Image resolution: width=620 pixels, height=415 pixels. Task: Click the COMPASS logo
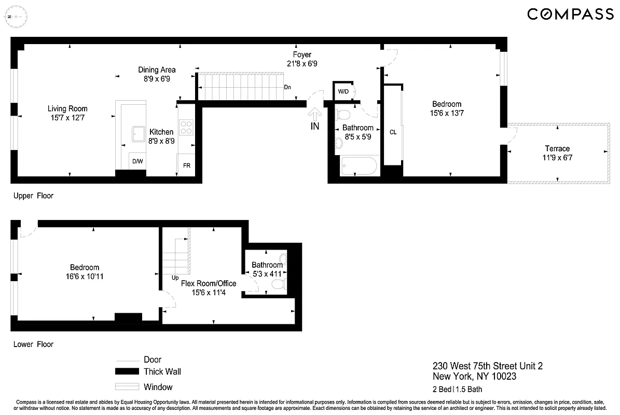point(570,14)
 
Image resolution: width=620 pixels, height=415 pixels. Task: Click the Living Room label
point(67,109)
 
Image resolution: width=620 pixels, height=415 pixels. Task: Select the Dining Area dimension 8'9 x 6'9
point(157,79)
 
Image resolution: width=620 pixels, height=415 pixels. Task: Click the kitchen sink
point(138,134)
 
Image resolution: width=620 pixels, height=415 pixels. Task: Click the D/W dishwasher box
point(137,161)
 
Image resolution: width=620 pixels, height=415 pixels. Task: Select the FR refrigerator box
point(186,167)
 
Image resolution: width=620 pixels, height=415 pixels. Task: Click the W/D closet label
point(343,92)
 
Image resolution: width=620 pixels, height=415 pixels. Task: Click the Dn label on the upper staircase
point(287,88)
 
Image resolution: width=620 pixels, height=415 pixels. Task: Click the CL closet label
point(393,132)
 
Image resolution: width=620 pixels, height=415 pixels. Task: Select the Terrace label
point(557,148)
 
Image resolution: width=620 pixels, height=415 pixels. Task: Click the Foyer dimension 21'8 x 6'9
point(302,64)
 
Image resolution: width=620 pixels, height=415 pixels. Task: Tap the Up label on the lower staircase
point(175,278)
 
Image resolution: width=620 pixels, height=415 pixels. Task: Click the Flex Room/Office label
point(208,283)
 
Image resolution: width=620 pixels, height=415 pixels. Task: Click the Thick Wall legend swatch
point(127,371)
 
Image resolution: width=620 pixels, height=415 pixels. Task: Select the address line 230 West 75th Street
point(487,366)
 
